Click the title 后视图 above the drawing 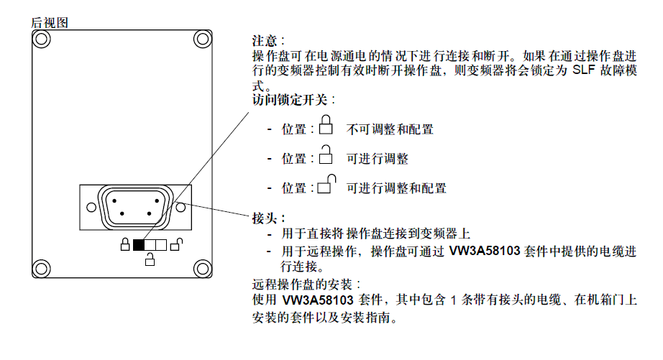[50, 22]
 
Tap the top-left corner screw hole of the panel [42, 40]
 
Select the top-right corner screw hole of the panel [203, 40]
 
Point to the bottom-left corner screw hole [42, 268]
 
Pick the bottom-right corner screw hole [203, 268]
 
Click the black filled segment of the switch [139, 245]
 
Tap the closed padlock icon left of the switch [125, 244]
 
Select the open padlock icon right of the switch [177, 244]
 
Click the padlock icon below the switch [150, 259]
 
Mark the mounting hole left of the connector [91, 208]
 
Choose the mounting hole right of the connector [180, 208]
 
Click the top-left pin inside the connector [114, 200]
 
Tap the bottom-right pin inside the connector [149, 214]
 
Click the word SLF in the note [583, 70]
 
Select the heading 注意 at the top [265, 41]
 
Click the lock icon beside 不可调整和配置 [326, 124]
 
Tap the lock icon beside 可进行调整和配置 [327, 184]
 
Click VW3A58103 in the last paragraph [318, 300]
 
